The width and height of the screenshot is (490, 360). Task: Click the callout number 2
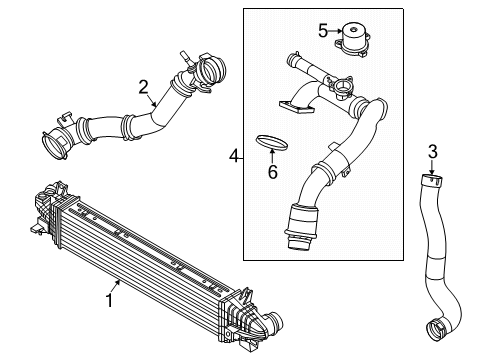144,86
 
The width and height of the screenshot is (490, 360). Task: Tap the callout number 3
432,152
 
